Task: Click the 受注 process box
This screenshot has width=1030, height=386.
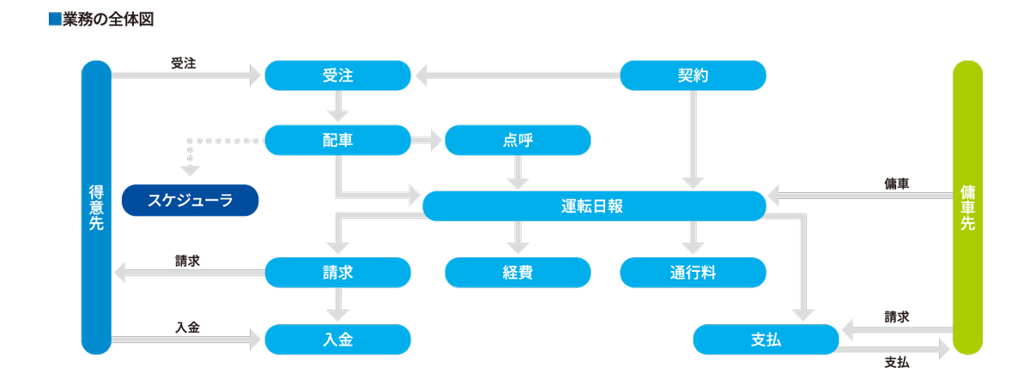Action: [x=337, y=75]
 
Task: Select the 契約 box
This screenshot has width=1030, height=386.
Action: [x=693, y=75]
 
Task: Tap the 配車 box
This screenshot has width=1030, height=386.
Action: [x=337, y=140]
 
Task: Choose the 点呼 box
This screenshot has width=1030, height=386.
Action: [x=518, y=140]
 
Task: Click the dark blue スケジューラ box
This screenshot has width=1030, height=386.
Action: [x=190, y=200]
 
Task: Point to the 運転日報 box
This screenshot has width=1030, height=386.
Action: [x=594, y=206]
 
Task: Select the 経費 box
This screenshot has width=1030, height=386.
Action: [x=518, y=273]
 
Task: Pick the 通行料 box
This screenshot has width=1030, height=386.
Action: [x=693, y=273]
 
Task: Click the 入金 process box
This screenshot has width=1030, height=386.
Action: [x=337, y=340]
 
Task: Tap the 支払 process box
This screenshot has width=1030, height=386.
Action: [x=766, y=340]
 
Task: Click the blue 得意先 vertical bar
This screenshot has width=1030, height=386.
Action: [x=96, y=208]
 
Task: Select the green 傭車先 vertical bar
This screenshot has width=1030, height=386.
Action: [x=967, y=208]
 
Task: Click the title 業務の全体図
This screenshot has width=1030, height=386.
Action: [x=108, y=19]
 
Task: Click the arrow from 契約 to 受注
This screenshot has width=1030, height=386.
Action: [x=515, y=76]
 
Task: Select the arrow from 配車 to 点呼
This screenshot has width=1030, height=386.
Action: [x=427, y=140]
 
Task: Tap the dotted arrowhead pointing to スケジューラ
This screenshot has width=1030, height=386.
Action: [x=191, y=169]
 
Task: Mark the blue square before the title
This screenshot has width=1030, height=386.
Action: [x=55, y=19]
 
